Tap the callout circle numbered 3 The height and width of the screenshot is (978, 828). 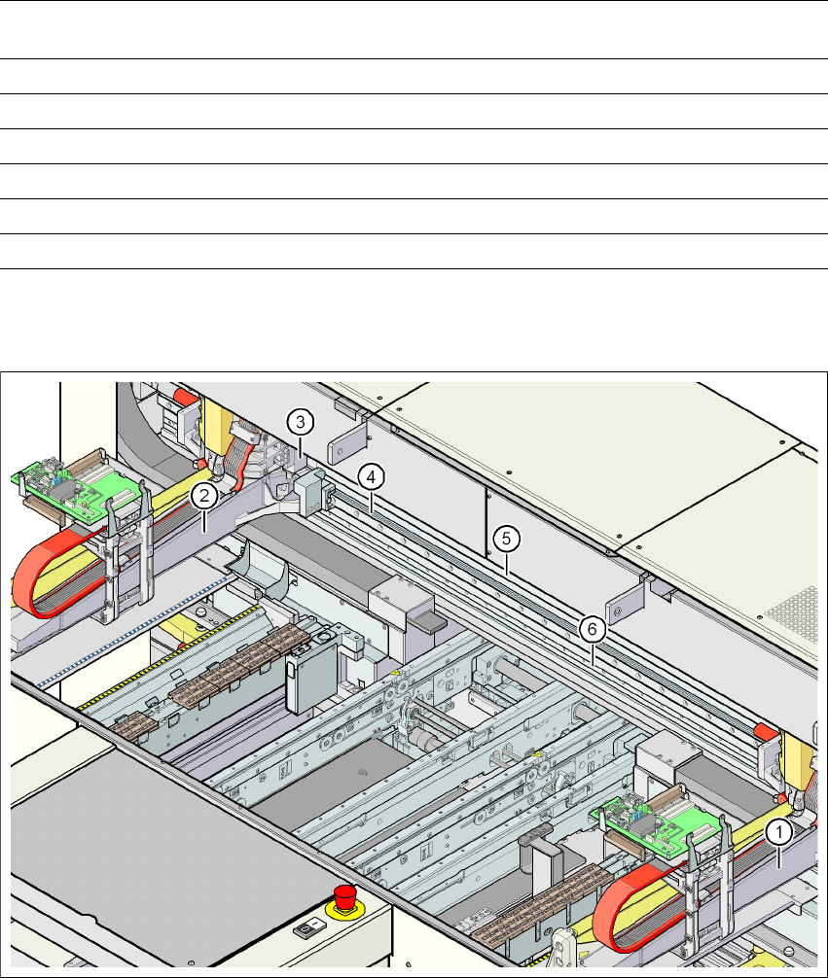point(302,422)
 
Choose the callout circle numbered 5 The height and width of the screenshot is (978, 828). point(503,537)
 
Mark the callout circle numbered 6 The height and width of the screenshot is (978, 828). point(591,629)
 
